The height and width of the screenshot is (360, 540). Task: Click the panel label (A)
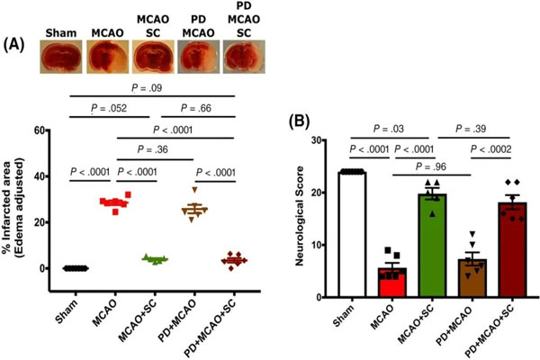(16, 42)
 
